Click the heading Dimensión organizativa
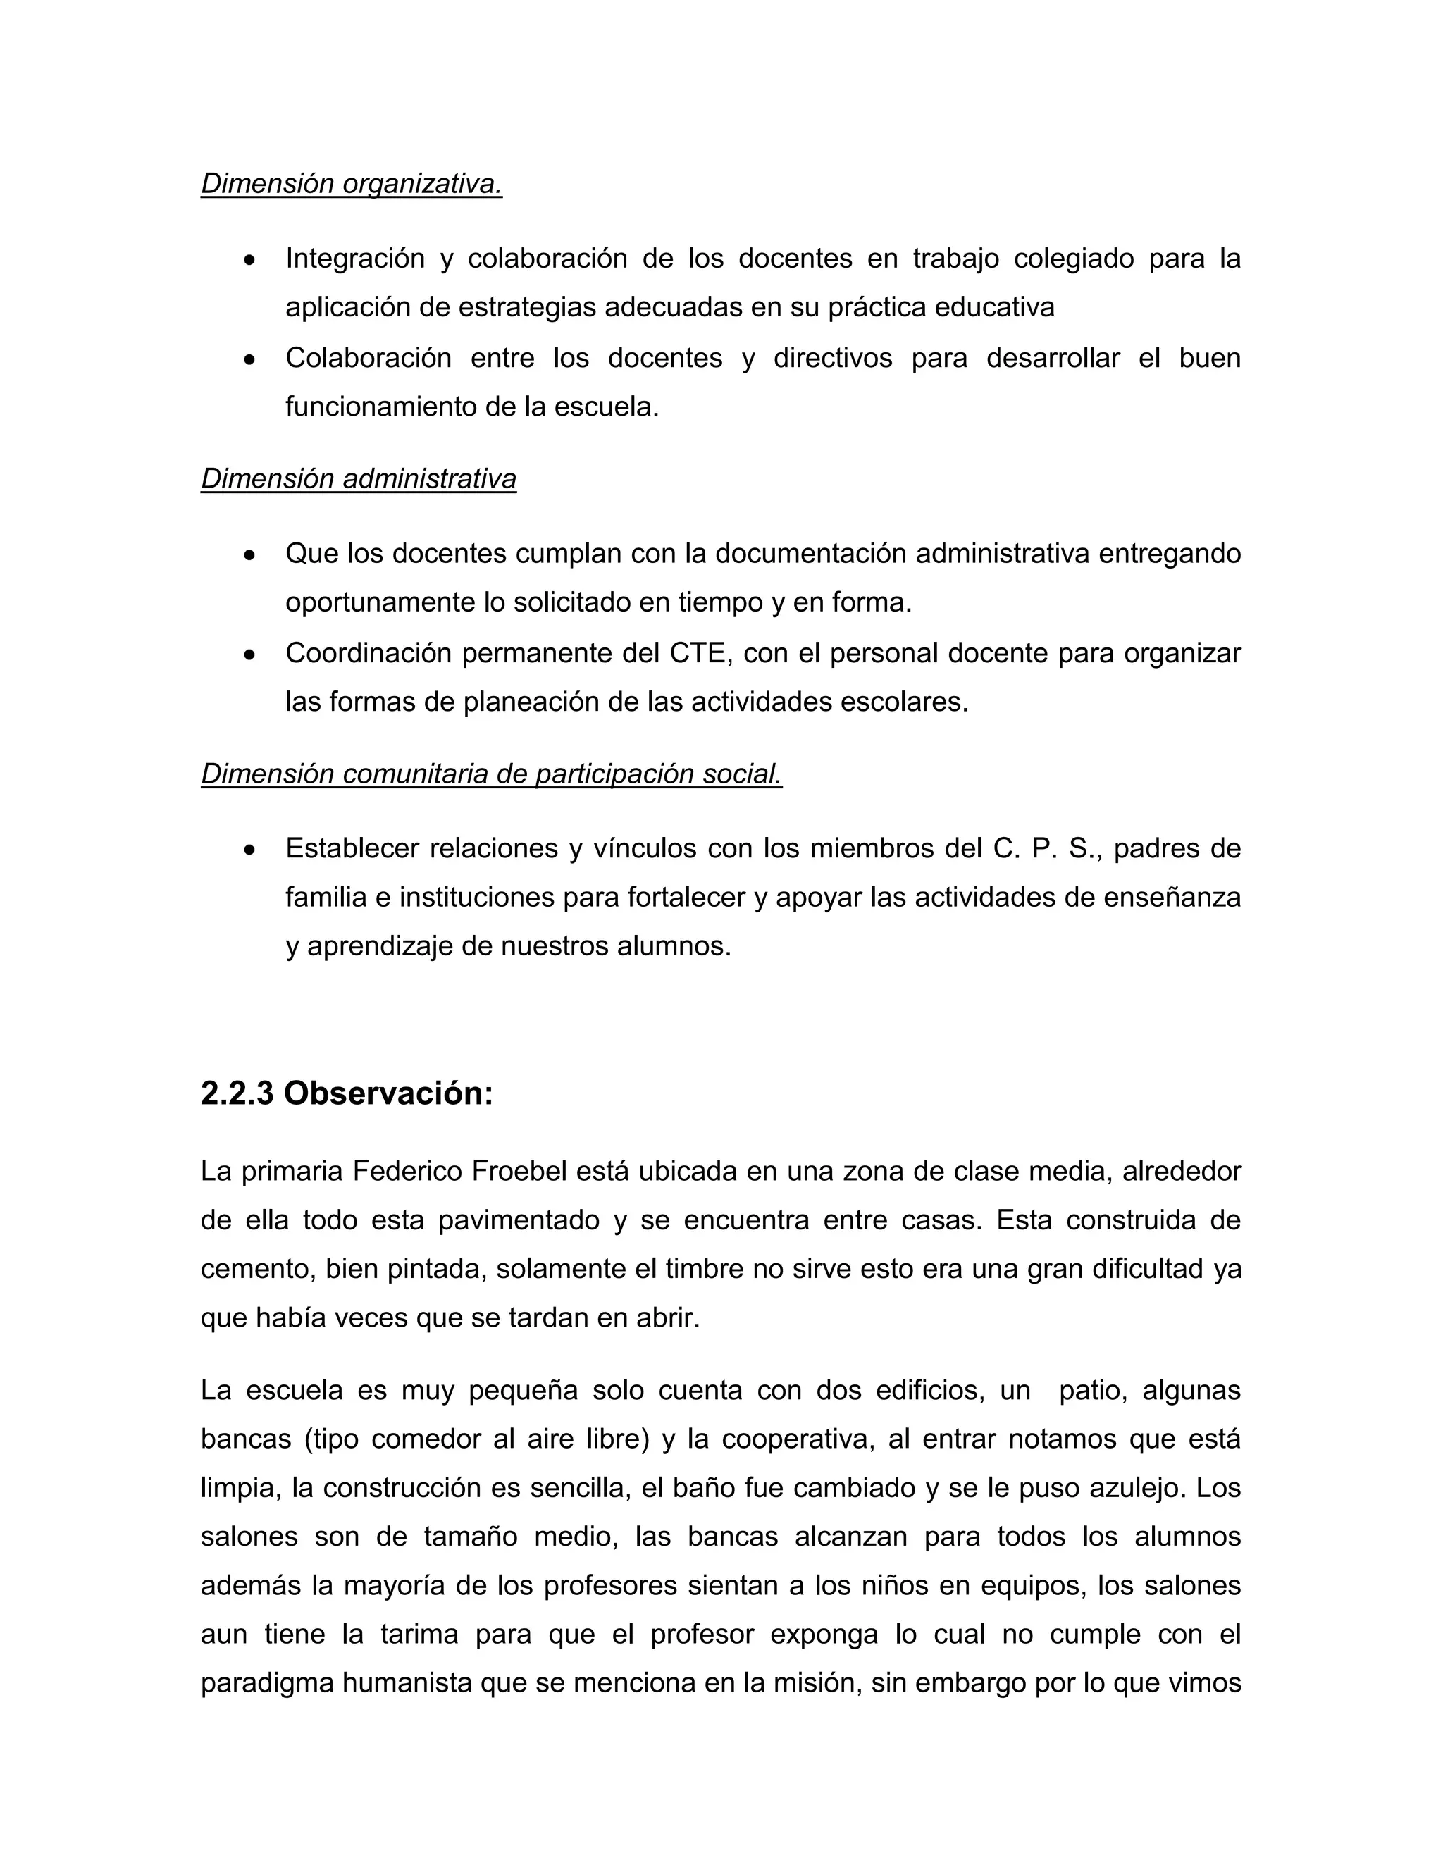coord(352,184)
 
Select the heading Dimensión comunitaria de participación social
coord(492,774)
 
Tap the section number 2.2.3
coord(237,1093)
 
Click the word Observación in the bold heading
coord(388,1093)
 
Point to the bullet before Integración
coord(249,260)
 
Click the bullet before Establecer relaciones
coord(249,850)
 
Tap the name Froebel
coord(519,1171)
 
